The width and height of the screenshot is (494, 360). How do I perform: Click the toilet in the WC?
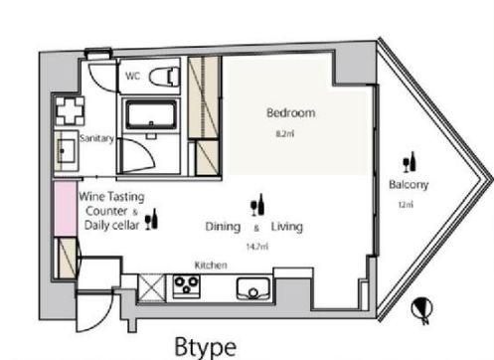coord(164,77)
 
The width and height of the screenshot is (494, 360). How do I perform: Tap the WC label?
coord(132,76)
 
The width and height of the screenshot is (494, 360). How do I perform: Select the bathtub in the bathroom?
coord(151,115)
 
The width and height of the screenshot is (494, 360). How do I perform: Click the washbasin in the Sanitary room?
coord(66,151)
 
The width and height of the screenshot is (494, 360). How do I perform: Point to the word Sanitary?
coord(96,138)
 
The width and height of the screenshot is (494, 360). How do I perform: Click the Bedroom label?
coord(291,112)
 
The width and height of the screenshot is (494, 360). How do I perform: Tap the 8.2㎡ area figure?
coord(285,133)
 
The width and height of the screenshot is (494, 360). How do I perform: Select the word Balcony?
coord(409,184)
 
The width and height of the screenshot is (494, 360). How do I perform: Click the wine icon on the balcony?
coord(410,162)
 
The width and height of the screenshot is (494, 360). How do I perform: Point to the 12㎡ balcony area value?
coord(406,205)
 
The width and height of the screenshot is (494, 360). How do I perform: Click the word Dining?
coord(223,227)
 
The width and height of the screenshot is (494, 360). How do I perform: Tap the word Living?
coord(287,227)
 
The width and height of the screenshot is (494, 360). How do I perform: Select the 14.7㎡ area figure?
coord(257,247)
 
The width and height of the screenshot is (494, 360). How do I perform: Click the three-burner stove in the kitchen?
coord(186,285)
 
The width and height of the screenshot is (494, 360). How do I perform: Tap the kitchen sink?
coord(253,288)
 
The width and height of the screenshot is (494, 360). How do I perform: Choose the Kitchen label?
coord(211,266)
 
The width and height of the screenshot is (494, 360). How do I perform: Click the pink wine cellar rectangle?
coord(66,209)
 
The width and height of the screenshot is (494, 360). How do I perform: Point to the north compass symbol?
coord(422,309)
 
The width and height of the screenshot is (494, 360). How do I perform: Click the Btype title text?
coord(206,347)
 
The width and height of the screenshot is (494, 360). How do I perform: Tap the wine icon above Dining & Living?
coord(257,205)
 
